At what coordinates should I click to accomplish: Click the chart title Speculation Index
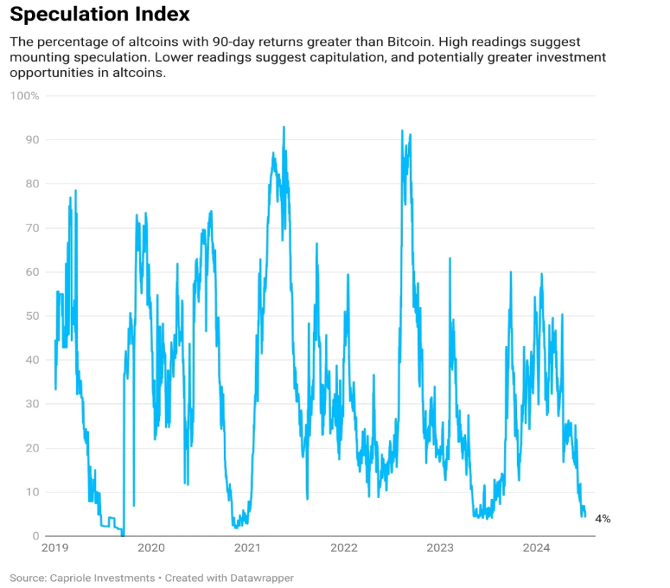tap(100, 14)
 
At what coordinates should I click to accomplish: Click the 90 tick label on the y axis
tap(32, 139)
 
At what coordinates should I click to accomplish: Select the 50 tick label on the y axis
tap(32, 316)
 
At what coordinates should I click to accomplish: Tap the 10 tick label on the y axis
tap(33, 492)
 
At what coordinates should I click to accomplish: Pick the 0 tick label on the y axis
tap(35, 536)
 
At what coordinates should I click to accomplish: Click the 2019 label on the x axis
tap(55, 548)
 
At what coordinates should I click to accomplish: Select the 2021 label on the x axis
tap(247, 548)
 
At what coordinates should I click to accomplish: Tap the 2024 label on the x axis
tap(536, 548)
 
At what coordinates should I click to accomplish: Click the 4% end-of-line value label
tap(603, 519)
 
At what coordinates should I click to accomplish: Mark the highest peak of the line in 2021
tap(284, 127)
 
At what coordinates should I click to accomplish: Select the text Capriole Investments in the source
tap(103, 577)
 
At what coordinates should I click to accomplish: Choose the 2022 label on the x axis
tap(343, 548)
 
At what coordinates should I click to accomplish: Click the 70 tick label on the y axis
tap(32, 228)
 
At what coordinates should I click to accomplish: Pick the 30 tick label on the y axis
tap(32, 403)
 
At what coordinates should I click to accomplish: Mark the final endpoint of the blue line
tap(585, 517)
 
